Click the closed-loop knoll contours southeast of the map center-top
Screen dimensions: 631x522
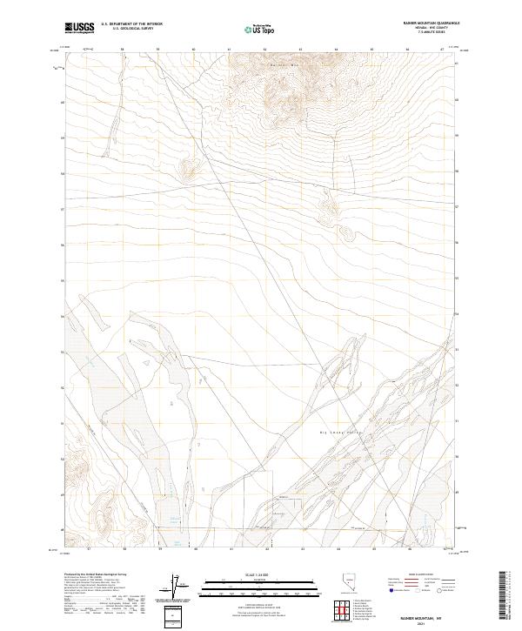(347, 233)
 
